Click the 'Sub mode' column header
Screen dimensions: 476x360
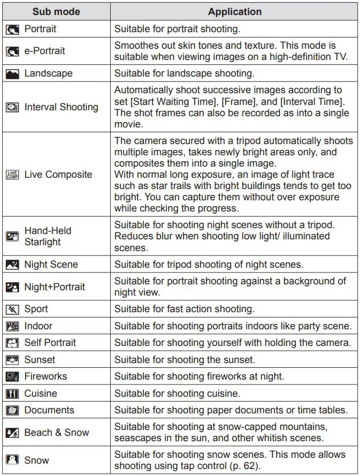pos(56,12)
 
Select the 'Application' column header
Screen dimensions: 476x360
pos(234,12)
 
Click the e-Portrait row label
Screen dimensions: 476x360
pos(44,51)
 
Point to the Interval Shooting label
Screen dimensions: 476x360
pos(61,107)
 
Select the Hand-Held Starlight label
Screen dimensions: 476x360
pos(48,236)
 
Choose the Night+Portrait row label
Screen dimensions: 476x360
pos(55,287)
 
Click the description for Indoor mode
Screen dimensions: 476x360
pos(233,326)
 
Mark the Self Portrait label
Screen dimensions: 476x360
pos(50,343)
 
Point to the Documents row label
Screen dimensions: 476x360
pos(49,410)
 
